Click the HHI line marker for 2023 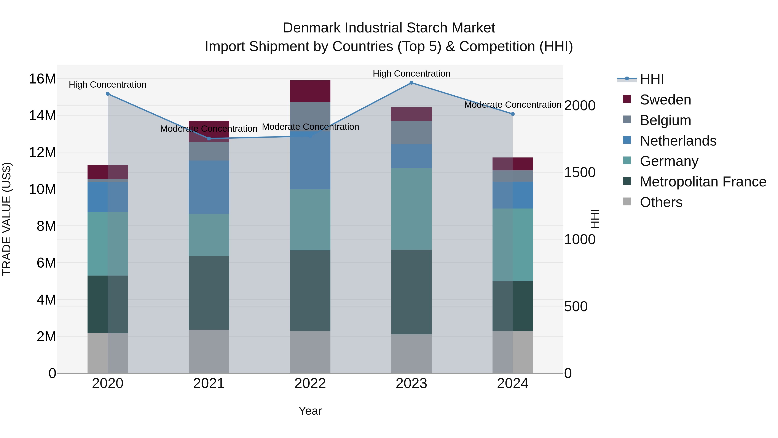[411, 83]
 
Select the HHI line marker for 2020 [108, 94]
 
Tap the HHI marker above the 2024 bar [513, 114]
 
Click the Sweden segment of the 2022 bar [310, 91]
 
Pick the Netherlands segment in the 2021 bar [209, 187]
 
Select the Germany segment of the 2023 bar [411, 209]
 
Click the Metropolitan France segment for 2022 [310, 290]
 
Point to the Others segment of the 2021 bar [209, 351]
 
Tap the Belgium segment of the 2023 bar [411, 133]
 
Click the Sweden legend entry [665, 100]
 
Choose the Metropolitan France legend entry [703, 182]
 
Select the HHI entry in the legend [652, 79]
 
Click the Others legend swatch [627, 202]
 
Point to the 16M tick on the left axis [42, 79]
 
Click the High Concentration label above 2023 [411, 74]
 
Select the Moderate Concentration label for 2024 [513, 105]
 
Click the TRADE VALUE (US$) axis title [7, 219]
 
